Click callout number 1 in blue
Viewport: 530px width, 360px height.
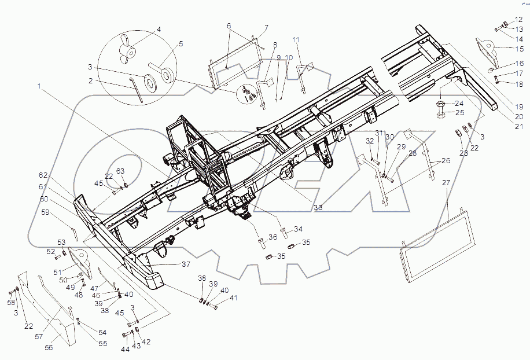(x=40, y=87)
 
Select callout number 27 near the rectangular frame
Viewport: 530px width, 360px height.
(x=446, y=183)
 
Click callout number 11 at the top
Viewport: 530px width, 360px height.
(x=296, y=39)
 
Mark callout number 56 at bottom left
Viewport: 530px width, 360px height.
(x=49, y=348)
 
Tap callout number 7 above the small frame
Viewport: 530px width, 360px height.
(x=267, y=27)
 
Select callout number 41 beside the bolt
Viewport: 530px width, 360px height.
(x=233, y=298)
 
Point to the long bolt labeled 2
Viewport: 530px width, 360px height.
(x=137, y=90)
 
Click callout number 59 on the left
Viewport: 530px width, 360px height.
(x=45, y=212)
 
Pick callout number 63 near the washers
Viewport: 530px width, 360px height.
(x=120, y=171)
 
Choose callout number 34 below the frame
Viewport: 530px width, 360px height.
(x=298, y=229)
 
